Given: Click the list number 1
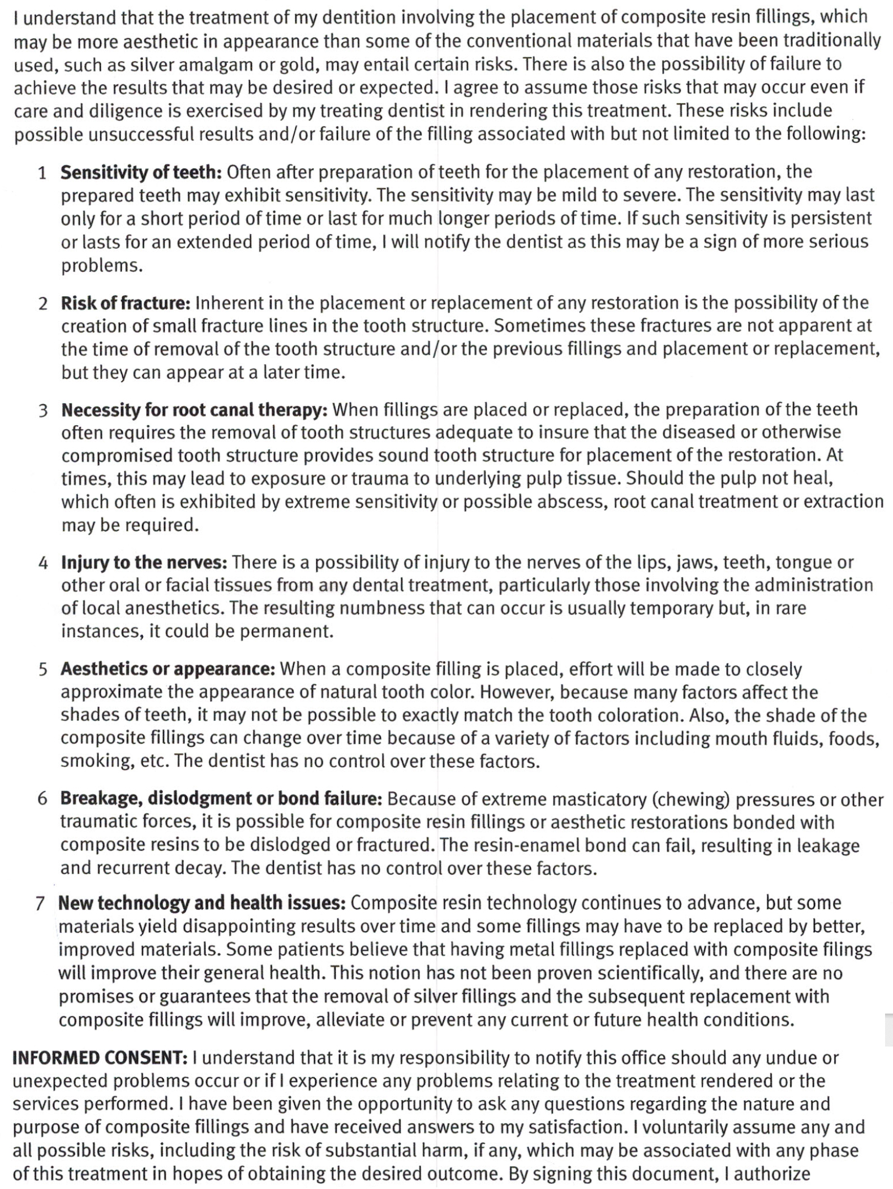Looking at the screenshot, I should click(x=42, y=172).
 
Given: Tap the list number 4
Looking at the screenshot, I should click(x=43, y=563).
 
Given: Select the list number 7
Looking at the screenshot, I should click(x=40, y=903).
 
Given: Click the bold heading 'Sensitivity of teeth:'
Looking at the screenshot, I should click(x=141, y=172).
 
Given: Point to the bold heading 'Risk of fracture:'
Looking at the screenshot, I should click(x=126, y=303).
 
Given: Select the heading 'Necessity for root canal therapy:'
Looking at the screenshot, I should click(x=194, y=409).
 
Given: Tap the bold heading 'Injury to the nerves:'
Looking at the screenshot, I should click(x=144, y=563).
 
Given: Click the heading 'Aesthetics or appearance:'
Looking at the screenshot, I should click(x=168, y=669).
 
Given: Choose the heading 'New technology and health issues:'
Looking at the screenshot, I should click(x=201, y=903).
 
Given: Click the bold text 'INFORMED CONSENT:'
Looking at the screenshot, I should click(x=100, y=1058).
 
